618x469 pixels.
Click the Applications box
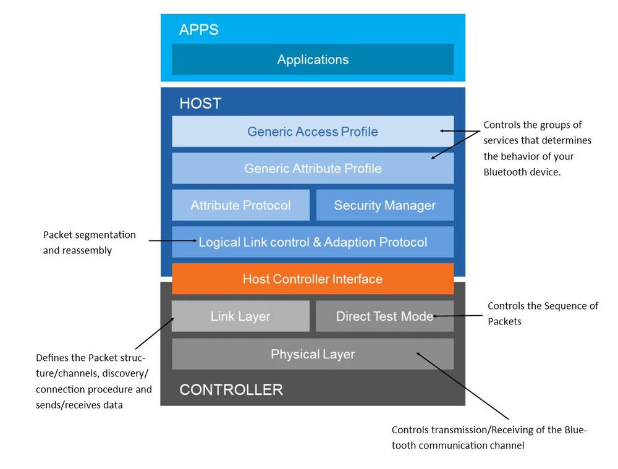313,60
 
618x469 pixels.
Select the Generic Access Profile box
313,132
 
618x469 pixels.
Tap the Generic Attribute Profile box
313,168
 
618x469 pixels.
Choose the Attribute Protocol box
240,205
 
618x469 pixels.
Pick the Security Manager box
384,205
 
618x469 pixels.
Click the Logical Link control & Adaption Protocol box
313,242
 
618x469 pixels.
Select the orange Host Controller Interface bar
313,279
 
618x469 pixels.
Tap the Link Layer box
240,316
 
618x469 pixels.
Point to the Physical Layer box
313,354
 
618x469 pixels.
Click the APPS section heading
199,30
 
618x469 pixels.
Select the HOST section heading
200,103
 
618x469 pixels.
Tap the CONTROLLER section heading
231,390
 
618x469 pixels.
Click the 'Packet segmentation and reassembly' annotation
90,242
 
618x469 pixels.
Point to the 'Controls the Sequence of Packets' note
543,313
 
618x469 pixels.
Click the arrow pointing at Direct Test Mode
457,316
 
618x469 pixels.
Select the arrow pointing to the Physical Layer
463,386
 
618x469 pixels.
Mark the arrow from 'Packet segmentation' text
173,240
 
